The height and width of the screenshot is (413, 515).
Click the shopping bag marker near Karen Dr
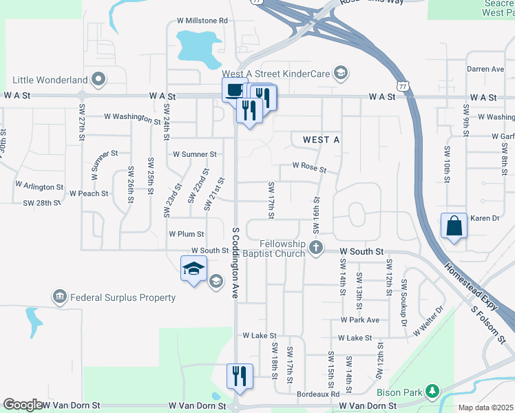454,226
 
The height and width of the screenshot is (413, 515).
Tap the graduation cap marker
193,268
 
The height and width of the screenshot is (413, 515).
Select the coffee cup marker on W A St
234,89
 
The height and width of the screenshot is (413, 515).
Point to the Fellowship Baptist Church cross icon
316,248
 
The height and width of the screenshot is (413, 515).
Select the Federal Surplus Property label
122,297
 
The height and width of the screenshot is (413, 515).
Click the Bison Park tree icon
432,392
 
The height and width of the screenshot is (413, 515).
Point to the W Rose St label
308,167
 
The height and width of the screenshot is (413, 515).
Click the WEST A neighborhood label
321,140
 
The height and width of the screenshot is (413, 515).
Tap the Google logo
23,405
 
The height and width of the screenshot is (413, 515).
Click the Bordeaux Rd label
318,394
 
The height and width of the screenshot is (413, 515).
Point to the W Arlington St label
39,186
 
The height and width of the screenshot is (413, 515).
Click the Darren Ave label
485,70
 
